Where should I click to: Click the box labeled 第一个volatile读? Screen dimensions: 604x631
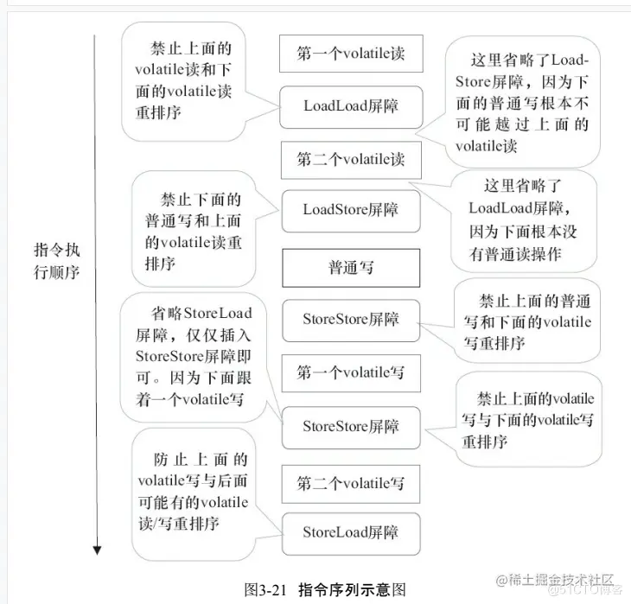coord(350,54)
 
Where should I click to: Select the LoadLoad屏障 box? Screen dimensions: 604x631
coord(350,106)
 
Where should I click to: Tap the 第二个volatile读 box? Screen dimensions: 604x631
coord(350,160)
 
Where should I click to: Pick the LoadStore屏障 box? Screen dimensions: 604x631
coord(350,210)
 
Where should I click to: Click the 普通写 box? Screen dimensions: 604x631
coord(350,268)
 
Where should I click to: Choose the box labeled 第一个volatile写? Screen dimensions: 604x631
coord(350,373)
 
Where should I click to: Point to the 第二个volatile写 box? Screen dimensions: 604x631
coord(350,482)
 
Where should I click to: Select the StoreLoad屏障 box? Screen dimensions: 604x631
coord(350,532)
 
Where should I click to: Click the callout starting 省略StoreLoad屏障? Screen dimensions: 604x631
coord(193,354)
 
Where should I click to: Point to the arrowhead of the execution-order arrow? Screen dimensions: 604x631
coord(98,549)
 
